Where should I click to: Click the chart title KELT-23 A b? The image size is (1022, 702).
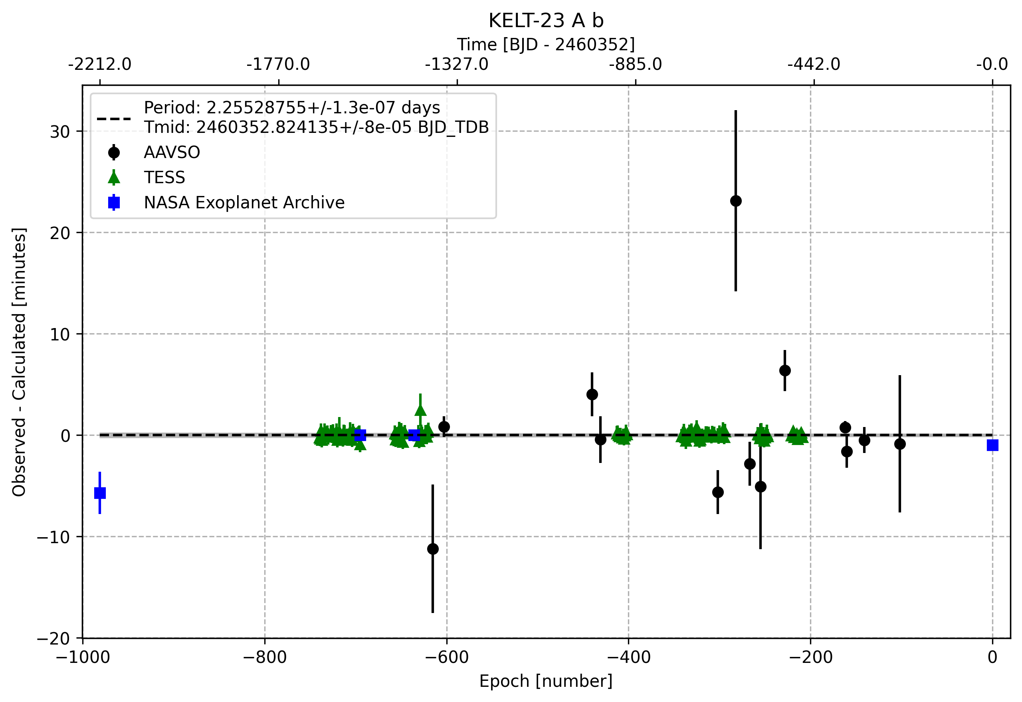tap(546, 20)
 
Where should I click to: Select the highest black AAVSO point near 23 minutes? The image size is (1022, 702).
tap(736, 201)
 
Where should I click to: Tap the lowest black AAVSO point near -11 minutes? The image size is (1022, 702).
tap(432, 549)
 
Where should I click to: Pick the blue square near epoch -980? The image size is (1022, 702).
tap(100, 493)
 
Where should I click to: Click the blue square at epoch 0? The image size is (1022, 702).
tap(992, 445)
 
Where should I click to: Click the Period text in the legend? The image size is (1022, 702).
tap(292, 108)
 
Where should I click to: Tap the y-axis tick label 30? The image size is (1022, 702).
tap(60, 132)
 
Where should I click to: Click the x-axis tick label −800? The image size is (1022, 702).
tap(264, 658)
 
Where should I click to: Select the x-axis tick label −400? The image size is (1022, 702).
tap(628, 658)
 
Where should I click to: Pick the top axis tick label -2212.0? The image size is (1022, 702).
tap(100, 64)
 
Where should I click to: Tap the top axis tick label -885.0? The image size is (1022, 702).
tap(635, 64)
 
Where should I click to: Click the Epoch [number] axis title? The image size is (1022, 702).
tap(546, 681)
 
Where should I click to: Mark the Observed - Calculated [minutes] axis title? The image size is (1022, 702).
tap(19, 362)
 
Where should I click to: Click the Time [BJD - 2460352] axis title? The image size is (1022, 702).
tap(546, 44)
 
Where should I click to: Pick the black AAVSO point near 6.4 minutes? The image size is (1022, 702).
tap(785, 370)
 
